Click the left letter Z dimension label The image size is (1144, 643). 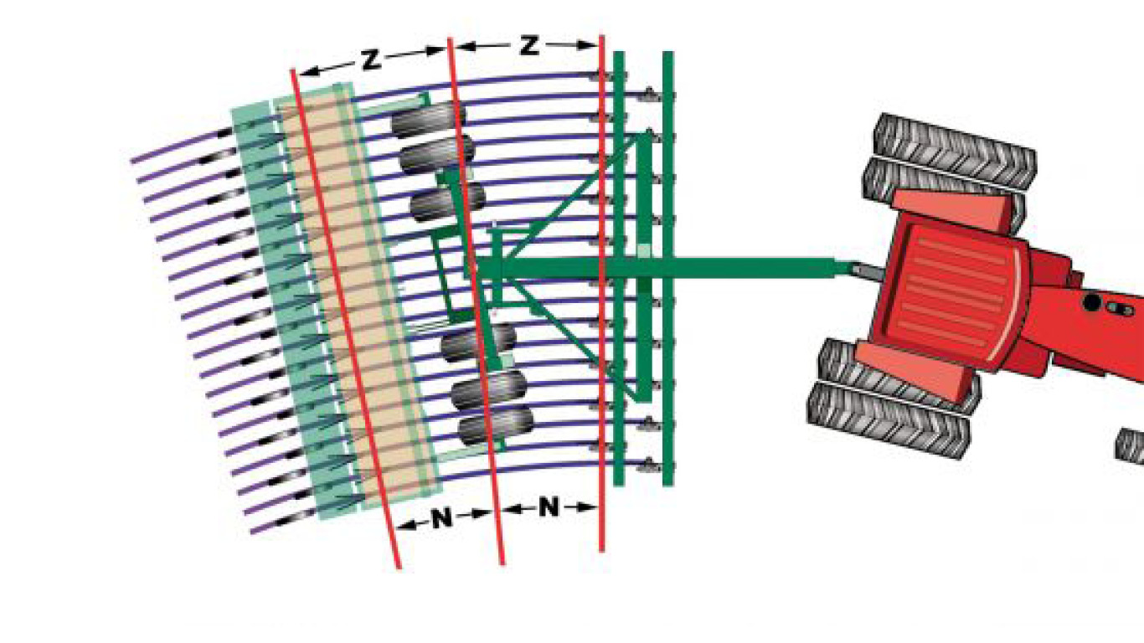(371, 60)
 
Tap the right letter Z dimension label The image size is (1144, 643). (529, 45)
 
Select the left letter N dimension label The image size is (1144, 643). (441, 518)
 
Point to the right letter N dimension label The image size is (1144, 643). (549, 507)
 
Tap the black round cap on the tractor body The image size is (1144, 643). (1091, 302)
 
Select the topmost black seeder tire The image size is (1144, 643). (428, 120)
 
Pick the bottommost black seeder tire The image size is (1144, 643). (496, 425)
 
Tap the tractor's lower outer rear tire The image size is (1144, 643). (889, 419)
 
